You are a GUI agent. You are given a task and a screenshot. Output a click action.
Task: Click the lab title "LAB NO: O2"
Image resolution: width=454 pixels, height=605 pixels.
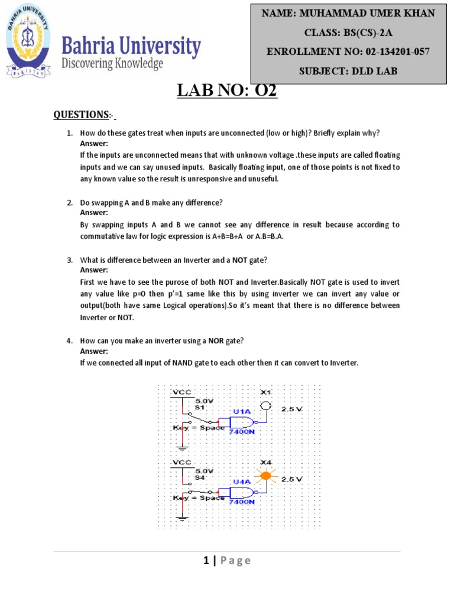pyautogui.click(x=227, y=92)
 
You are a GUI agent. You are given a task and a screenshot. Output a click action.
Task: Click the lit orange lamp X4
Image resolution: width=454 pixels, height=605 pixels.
pyautogui.click(x=265, y=475)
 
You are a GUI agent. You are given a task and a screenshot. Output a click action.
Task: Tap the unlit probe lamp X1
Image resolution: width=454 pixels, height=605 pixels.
pyautogui.click(x=265, y=406)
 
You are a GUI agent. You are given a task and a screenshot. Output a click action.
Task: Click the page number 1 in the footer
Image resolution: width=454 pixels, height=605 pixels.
pyautogui.click(x=206, y=561)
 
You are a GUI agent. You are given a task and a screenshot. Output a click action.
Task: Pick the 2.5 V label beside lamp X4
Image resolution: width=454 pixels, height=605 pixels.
pyautogui.click(x=291, y=479)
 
